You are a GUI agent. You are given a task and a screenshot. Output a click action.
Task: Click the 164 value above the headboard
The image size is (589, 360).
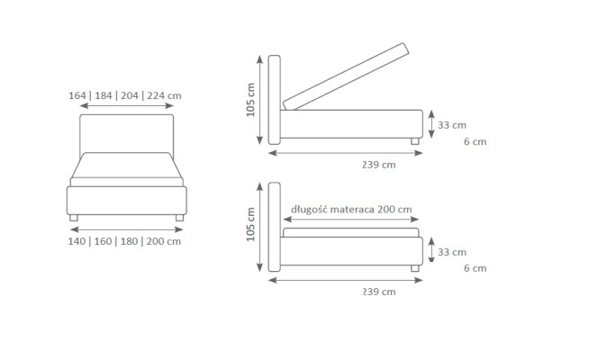77,95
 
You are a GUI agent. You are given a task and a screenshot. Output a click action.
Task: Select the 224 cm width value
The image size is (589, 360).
164,95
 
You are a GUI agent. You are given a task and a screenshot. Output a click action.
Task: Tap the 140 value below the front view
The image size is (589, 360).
77,241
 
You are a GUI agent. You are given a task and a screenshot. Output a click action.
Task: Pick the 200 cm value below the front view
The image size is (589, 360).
163,241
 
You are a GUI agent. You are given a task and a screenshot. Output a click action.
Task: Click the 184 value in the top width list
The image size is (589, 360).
104,95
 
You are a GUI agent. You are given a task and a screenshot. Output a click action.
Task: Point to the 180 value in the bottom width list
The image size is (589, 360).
129,241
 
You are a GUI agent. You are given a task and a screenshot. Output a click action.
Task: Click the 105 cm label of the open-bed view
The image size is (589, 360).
250,100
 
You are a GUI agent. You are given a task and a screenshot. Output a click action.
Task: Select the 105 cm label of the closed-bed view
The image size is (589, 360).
250,224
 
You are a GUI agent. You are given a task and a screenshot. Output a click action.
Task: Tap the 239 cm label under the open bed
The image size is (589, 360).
378,165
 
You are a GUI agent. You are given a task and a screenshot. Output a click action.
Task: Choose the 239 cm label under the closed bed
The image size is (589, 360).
378,292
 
